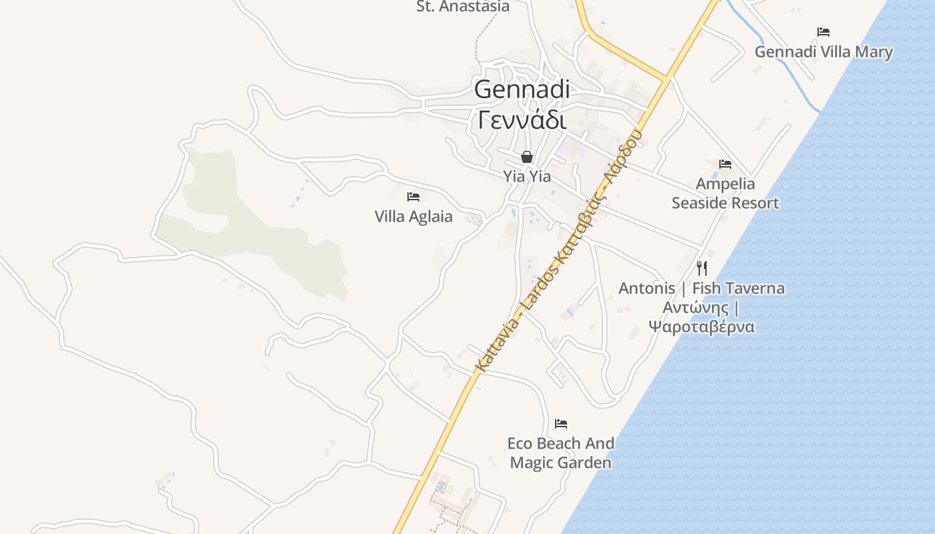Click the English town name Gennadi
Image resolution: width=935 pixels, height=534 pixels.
[522, 89]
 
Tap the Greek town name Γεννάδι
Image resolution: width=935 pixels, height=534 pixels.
[522, 120]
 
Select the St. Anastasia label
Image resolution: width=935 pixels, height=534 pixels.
[463, 7]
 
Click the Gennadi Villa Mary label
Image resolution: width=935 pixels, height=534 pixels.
[823, 51]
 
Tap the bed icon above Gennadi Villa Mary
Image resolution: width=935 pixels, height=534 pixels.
[823, 31]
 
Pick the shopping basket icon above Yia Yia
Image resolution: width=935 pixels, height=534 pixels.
[527, 157]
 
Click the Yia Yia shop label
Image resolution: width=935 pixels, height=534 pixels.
[527, 176]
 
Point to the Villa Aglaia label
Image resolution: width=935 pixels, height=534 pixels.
[413, 216]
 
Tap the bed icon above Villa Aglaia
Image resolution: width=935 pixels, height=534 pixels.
[413, 196]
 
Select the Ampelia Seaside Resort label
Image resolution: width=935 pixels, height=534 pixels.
[725, 193]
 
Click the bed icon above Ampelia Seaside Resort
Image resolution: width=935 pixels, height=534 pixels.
[725, 164]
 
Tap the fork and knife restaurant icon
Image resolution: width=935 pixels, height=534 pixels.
[702, 268]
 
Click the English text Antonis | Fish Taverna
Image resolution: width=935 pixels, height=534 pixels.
[701, 288]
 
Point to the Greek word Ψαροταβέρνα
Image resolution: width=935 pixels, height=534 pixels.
[701, 326]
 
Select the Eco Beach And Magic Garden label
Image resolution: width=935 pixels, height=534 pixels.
[561, 453]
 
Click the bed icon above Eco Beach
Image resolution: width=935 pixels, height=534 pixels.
[561, 423]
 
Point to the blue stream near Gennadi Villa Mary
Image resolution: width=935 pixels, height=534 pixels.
[781, 67]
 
